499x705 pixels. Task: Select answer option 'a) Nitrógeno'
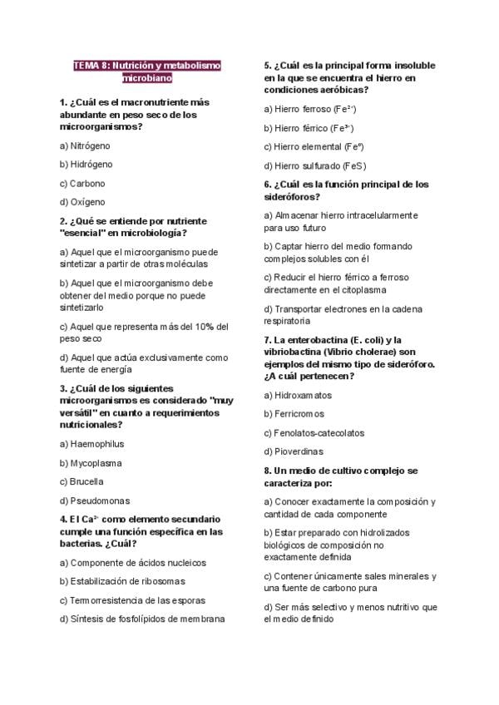coord(85,145)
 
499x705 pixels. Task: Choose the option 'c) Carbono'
coord(82,183)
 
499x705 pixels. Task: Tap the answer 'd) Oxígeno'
coord(82,202)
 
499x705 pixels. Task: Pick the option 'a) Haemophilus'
coord(91,444)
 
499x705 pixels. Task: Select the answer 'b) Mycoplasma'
coord(91,463)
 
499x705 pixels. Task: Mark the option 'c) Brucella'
coord(82,481)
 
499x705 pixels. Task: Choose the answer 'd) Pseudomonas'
coord(94,500)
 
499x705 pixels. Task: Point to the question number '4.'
coord(64,519)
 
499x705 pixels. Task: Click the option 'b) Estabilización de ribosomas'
coord(121,581)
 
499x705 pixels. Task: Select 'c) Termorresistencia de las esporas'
coord(132,599)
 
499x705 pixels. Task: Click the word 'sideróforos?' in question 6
coord(292,197)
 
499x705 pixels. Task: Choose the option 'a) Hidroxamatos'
coord(298,395)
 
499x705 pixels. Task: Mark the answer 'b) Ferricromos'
coord(294,414)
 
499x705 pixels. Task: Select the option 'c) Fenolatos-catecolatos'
coord(314,432)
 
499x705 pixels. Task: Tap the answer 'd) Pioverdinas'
coord(294,451)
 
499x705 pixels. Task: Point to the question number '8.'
coord(268,470)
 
